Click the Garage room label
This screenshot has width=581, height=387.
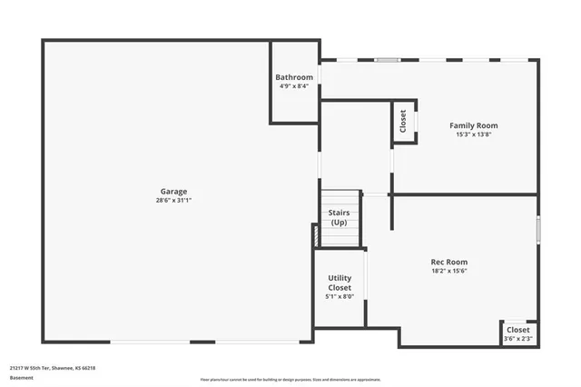click(174, 191)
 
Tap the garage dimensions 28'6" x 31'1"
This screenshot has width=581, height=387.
click(174, 200)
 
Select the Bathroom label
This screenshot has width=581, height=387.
click(294, 77)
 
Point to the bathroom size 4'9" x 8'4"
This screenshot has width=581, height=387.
click(294, 86)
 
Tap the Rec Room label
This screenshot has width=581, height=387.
click(449, 262)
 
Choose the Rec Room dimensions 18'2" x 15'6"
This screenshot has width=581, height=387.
click(449, 271)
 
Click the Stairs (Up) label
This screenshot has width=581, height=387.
click(339, 217)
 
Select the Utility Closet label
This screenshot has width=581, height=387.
click(340, 283)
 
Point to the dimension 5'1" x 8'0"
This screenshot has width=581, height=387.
click(340, 296)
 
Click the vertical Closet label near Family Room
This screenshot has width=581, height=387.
click(402, 122)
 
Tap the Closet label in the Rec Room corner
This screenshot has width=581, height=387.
click(518, 330)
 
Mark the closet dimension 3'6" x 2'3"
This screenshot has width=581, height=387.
click(518, 339)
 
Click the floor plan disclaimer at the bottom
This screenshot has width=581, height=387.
click(290, 379)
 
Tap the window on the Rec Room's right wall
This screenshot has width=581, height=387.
click(538, 228)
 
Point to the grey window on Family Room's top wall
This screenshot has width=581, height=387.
click(388, 61)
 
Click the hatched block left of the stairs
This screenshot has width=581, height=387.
click(316, 235)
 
